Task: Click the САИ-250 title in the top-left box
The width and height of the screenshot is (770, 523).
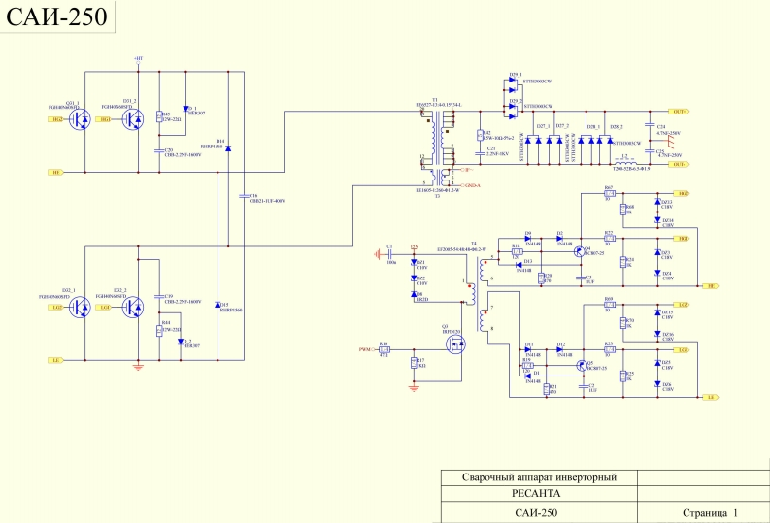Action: [x=54, y=19]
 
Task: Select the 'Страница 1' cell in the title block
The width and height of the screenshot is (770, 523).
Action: [x=710, y=512]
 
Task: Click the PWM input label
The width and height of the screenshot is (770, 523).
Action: [x=364, y=348]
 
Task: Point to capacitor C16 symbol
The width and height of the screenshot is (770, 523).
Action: [x=240, y=195]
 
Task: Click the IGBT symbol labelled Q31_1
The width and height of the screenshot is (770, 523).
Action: [x=82, y=118]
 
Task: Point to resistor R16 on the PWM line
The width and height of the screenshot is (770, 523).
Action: [x=385, y=349]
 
